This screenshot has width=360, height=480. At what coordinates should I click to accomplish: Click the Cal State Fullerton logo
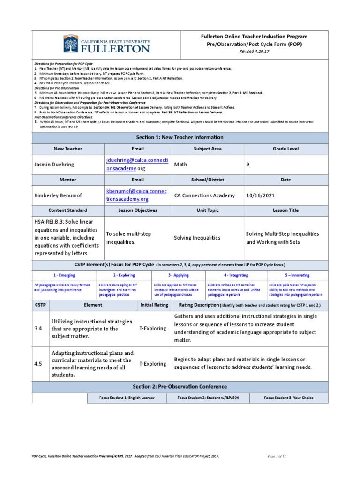(106, 44)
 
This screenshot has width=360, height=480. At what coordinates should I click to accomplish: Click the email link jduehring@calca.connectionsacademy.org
(137, 165)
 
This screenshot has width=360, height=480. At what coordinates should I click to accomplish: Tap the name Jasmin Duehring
(55, 165)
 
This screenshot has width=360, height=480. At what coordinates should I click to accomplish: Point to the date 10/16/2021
(261, 195)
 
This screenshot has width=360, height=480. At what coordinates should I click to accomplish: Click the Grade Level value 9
(248, 165)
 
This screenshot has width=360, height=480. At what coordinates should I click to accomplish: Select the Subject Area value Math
(180, 165)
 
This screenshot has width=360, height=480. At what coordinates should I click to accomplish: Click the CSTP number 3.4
(38, 329)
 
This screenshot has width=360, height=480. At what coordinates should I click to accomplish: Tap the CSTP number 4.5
(38, 364)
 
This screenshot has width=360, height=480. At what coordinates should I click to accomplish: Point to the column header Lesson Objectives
(137, 210)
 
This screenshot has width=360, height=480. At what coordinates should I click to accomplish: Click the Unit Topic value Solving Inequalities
(197, 238)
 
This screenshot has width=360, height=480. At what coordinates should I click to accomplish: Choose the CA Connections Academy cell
(204, 195)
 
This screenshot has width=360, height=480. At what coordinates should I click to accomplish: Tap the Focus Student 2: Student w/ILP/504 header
(209, 398)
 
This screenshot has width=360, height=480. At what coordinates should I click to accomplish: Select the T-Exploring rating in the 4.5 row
(152, 364)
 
